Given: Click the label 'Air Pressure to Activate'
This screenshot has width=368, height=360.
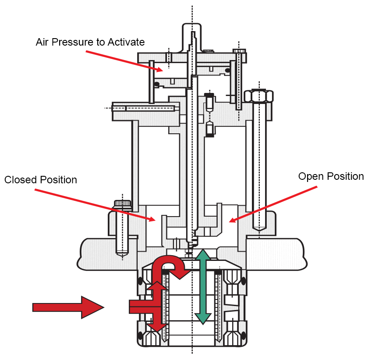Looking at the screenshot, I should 90,42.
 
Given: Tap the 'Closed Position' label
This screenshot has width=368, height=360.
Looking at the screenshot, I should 41,180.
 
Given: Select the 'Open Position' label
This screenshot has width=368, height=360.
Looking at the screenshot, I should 331,176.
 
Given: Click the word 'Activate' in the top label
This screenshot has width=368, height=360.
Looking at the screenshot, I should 128,42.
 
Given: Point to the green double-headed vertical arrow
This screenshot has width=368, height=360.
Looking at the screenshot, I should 203,287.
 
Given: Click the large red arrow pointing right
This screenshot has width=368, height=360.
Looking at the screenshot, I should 68,307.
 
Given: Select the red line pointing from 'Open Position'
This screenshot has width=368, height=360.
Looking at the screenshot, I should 273,204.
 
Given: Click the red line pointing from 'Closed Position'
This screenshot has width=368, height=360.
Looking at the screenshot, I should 94,204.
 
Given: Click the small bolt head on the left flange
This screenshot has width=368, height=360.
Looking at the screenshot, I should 123,204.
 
